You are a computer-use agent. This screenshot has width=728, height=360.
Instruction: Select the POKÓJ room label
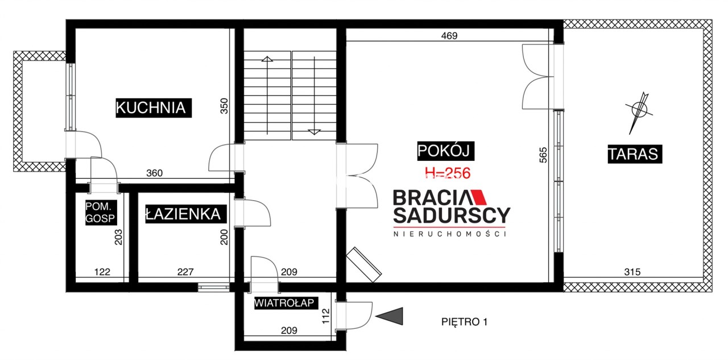click(445, 151)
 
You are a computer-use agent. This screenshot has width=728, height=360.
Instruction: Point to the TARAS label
click(635, 154)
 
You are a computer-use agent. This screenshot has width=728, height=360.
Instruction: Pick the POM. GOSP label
click(101, 213)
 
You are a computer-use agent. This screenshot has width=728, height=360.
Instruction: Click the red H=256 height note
click(448, 173)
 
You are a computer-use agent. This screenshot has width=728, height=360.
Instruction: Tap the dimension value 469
click(449, 36)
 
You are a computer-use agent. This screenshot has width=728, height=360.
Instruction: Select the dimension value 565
click(543, 155)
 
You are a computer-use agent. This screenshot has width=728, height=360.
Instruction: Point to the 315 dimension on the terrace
click(632, 272)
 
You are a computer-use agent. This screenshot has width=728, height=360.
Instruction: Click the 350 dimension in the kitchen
click(224, 106)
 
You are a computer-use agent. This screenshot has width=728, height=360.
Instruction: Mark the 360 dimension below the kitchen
click(154, 173)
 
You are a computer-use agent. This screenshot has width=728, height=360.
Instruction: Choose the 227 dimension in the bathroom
click(185, 272)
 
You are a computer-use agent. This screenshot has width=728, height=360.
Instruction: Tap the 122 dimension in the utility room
click(102, 272)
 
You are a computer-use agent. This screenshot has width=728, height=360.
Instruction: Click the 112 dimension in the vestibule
click(326, 316)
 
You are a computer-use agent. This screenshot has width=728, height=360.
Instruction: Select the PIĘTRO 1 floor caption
click(465, 322)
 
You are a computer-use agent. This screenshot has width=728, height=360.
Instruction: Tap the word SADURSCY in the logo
click(452, 215)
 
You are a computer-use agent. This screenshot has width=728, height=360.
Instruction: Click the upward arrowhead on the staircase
click(267, 59)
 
